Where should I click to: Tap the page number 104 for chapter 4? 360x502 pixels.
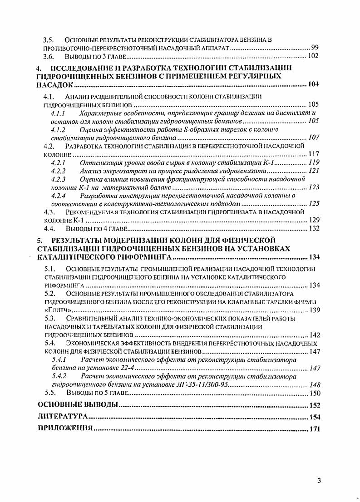pos(314,85)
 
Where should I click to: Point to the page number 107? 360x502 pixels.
pos(314,138)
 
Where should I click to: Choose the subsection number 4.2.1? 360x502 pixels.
pos(59,162)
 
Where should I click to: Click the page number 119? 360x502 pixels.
pos(314,162)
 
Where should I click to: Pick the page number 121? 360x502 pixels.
pos(314,171)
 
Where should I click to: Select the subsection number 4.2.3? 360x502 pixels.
pos(59,179)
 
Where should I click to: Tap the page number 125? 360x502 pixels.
pos(314,204)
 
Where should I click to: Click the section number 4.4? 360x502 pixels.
pos(49,228)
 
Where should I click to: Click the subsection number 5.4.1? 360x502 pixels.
pos(59,359)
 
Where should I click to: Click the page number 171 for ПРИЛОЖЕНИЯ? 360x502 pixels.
pos(315,428)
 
